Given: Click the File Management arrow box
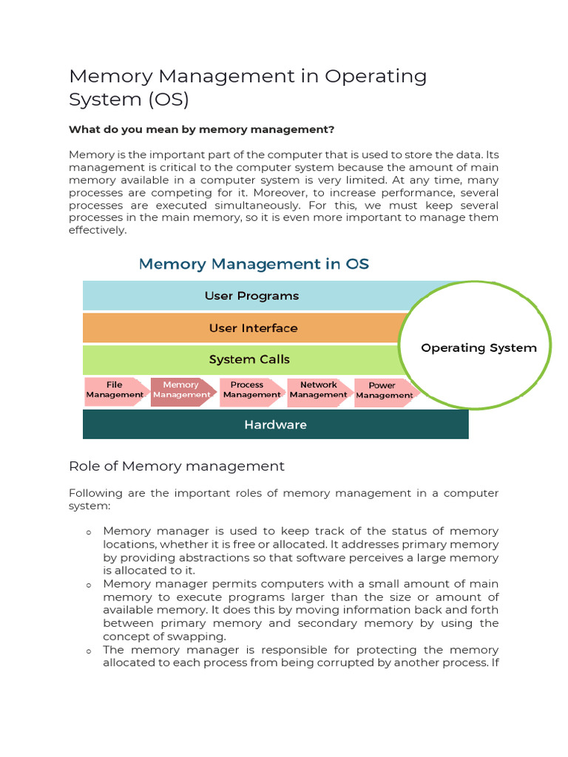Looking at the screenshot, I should point(115,390).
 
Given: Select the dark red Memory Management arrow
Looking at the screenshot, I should point(181,390).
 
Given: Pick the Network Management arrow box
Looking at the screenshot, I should point(318,390).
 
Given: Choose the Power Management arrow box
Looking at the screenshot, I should point(383,390).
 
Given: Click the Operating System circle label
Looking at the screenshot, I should point(479,347).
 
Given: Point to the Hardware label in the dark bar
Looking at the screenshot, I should point(275,424).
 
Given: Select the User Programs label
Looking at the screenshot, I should point(251,296).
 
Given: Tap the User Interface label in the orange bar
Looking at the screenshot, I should point(253,327).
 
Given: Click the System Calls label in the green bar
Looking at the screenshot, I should point(249,359).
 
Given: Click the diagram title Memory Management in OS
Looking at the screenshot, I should point(254,264).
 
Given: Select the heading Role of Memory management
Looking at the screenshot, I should point(176,466).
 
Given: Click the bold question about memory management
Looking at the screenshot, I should point(201,129).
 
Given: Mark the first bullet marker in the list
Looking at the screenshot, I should point(89,532).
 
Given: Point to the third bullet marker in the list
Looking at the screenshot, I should point(89,651).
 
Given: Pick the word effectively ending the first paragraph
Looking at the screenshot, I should point(97,230).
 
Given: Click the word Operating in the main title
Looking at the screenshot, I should point(376,76).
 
